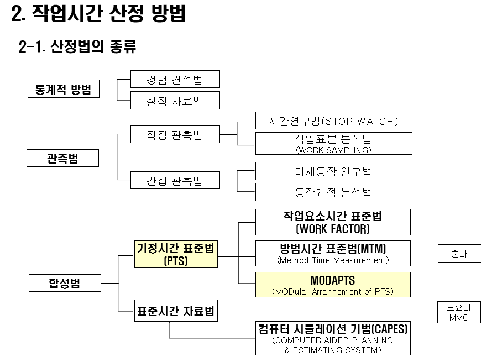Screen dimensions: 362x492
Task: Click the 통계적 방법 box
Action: [x=64, y=89]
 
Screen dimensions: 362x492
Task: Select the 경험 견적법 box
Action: [x=175, y=79]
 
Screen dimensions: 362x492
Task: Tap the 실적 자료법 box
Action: [x=175, y=100]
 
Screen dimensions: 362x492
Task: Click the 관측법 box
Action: [x=62, y=158]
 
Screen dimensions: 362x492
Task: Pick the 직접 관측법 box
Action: [x=175, y=134]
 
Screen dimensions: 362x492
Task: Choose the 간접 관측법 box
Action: [x=175, y=180]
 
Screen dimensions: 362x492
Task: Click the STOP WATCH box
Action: [x=333, y=120]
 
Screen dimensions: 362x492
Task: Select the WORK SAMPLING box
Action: [x=333, y=143]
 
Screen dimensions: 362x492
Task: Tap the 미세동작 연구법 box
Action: [x=333, y=171]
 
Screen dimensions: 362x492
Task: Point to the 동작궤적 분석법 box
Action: [x=333, y=192]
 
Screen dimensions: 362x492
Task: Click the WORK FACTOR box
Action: [x=333, y=222]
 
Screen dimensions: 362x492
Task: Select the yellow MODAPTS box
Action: [x=333, y=285]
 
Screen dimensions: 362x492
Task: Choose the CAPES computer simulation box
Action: [x=333, y=338]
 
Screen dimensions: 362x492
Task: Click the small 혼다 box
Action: [x=459, y=254]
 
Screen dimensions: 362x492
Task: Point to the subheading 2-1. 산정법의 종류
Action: [x=78, y=47]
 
